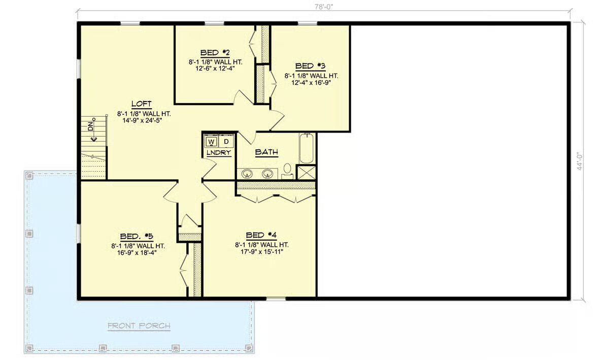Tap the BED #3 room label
point(310,67)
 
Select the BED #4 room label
point(261,235)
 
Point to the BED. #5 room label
point(137,236)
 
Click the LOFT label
point(142,104)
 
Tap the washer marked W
point(211,142)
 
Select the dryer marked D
point(226,142)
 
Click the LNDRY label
point(219,153)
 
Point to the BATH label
point(266,152)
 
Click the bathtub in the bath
point(307,148)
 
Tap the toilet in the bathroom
point(287,171)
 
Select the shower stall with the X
point(306,172)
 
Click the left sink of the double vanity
point(247,174)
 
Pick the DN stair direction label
point(90,126)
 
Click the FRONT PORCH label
point(139,326)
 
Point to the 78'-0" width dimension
point(323,7)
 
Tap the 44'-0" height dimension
point(579,161)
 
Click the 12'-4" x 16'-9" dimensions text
point(311,82)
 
